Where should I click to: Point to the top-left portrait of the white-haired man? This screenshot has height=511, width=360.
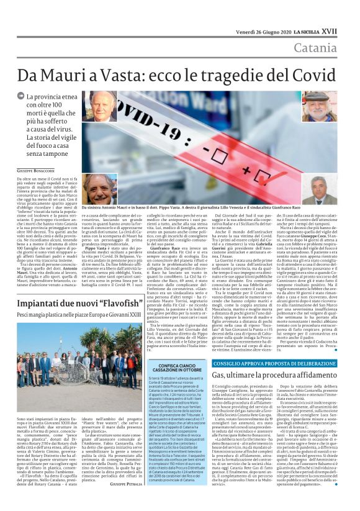pos(99,107)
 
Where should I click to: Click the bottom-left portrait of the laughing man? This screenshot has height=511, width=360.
pos(99,190)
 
